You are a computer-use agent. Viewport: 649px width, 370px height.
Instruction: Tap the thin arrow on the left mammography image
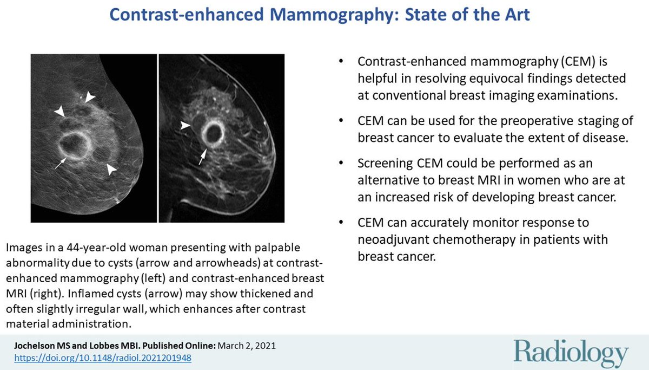click(x=60, y=163)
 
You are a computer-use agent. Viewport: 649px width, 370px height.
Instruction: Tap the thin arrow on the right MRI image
click(x=202, y=158)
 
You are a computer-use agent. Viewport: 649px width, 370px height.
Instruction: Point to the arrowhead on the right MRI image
click(x=186, y=126)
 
